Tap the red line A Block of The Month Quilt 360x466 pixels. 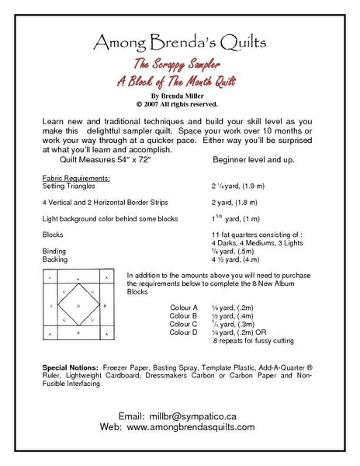tap(180, 81)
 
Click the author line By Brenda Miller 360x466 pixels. tap(180, 94)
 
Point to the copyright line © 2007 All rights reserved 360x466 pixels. tap(180, 103)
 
